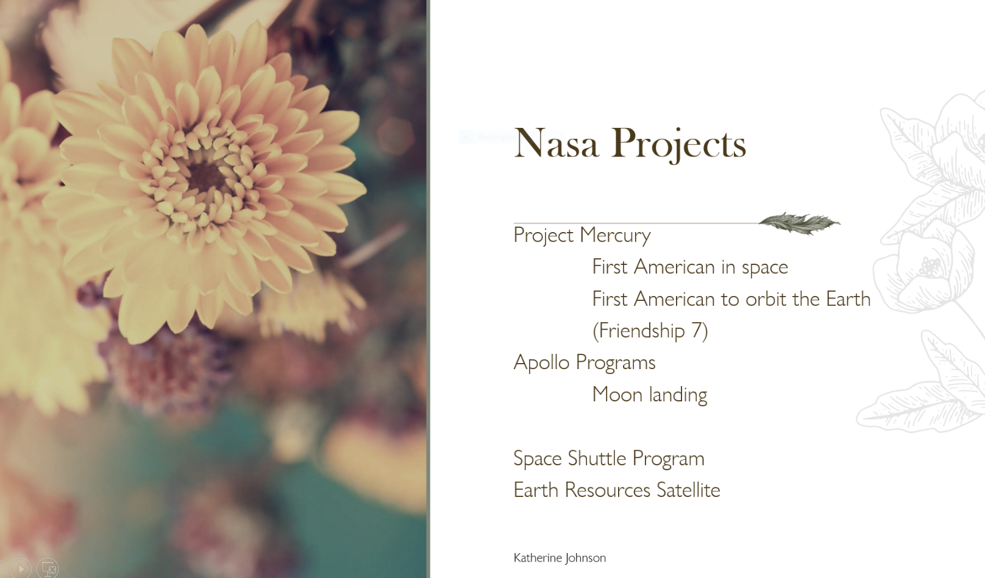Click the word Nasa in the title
click(x=556, y=143)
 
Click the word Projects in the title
click(x=678, y=144)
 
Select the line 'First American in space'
click(x=690, y=267)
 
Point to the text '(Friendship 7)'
click(x=650, y=331)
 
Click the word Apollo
click(x=541, y=362)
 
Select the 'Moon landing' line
click(x=650, y=394)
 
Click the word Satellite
click(x=688, y=490)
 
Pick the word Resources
click(x=607, y=490)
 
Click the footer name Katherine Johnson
click(x=560, y=558)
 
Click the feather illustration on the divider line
click(x=800, y=224)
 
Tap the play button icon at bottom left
click(x=21, y=568)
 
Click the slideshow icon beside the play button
click(x=48, y=568)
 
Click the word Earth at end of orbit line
click(x=848, y=298)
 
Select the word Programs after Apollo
click(x=616, y=363)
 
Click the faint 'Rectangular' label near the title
click(x=496, y=137)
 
